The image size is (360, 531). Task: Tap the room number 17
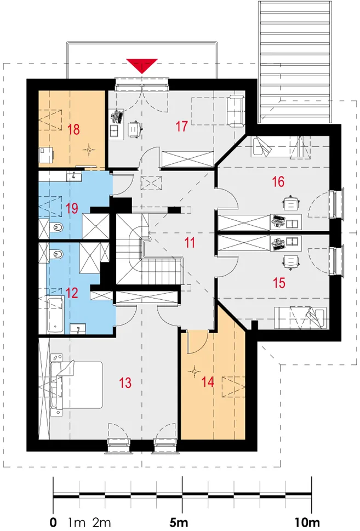(x=181, y=127)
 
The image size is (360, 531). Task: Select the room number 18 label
(x=73, y=129)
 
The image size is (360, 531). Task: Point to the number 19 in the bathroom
(x=72, y=208)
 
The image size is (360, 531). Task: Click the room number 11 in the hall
(x=190, y=242)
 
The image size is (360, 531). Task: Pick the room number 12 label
(x=72, y=293)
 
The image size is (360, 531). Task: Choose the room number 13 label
(x=125, y=382)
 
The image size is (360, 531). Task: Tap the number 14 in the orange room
(x=208, y=382)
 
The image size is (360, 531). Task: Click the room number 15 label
(x=279, y=283)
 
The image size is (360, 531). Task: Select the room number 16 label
(x=278, y=181)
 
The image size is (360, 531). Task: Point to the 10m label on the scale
(x=307, y=522)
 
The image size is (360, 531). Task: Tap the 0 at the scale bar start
(x=53, y=522)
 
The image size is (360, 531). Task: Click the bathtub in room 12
(x=56, y=315)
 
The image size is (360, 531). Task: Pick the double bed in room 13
(x=77, y=384)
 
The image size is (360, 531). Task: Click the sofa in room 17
(x=237, y=111)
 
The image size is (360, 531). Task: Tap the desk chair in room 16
(x=292, y=203)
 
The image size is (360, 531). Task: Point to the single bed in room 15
(x=301, y=318)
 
